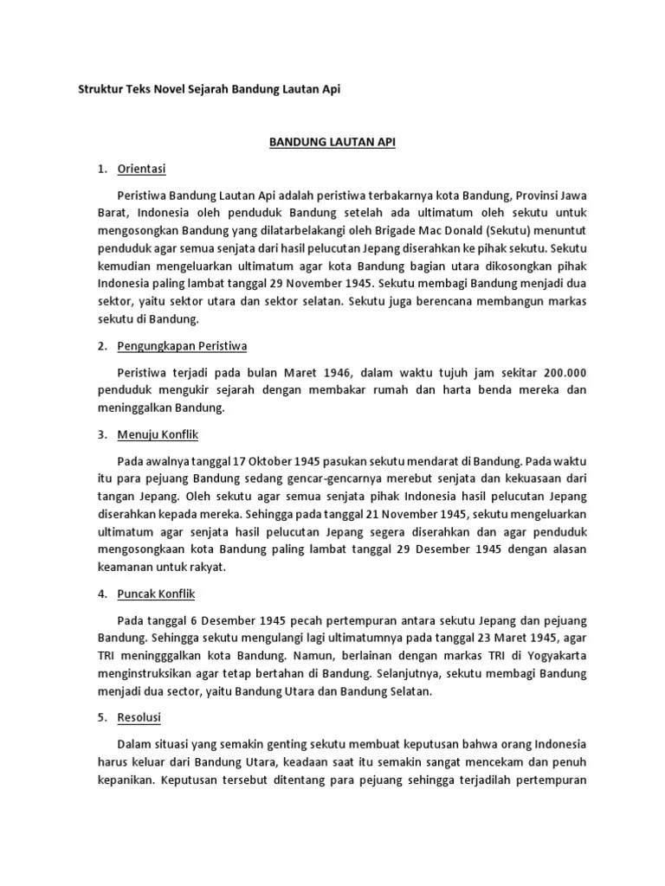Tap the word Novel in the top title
(x=181, y=89)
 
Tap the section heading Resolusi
(x=138, y=717)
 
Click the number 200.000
(x=565, y=372)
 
